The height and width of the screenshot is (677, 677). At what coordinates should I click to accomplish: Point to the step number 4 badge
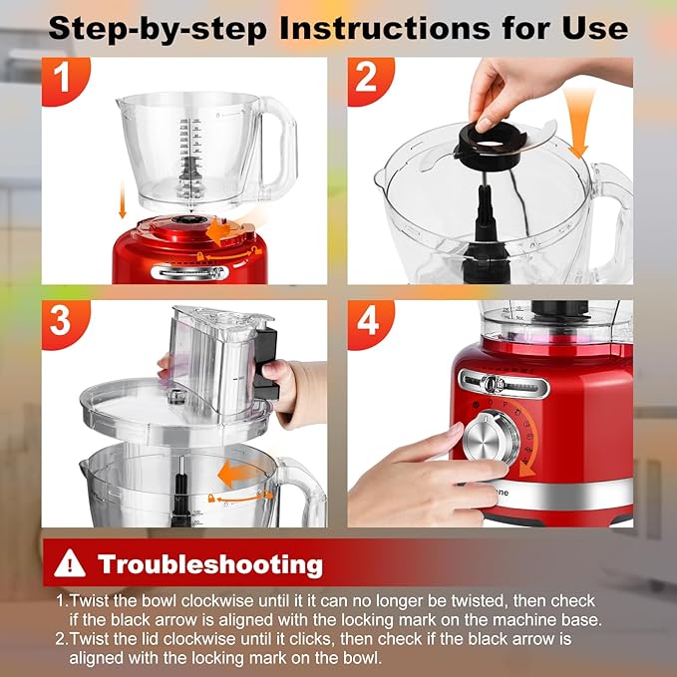click(368, 321)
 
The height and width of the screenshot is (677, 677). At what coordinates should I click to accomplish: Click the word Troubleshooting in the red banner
click(210, 564)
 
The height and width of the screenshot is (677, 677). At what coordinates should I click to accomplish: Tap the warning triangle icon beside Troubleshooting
click(70, 564)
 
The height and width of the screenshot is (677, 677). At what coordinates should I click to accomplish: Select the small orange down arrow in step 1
click(122, 204)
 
